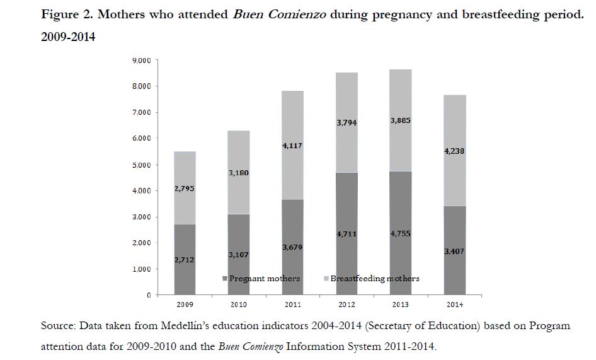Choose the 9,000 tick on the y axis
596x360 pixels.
[x=142, y=60]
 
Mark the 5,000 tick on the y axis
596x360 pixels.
[x=142, y=165]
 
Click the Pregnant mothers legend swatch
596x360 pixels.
[x=224, y=279]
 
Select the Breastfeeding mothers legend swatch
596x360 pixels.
[x=326, y=279]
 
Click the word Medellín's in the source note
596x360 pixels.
[x=184, y=326]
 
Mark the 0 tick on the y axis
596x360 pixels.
[x=149, y=295]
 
